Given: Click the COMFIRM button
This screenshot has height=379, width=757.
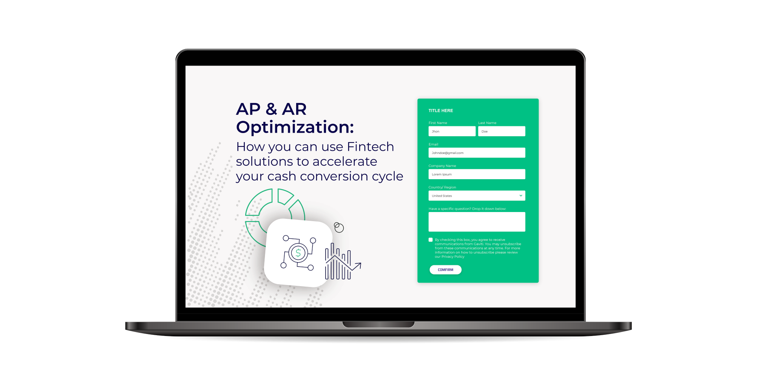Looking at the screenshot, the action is [x=446, y=270].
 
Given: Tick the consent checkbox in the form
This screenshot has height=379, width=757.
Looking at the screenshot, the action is [x=431, y=240].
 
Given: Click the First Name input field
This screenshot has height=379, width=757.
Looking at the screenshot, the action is [x=452, y=131].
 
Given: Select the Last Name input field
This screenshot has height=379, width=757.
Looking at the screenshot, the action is [x=502, y=131].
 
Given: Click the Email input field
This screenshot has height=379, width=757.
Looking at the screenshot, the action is [x=477, y=153].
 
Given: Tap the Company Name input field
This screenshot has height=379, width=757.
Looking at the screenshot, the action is [x=477, y=174].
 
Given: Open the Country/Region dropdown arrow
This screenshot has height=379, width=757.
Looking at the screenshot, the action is [x=521, y=196].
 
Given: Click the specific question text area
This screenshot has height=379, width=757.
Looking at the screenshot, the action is [x=477, y=222].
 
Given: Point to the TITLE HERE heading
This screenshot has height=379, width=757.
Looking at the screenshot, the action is [x=441, y=111].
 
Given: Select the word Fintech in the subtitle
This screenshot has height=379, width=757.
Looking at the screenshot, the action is [x=370, y=146].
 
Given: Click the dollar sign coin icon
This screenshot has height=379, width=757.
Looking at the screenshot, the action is [x=298, y=253].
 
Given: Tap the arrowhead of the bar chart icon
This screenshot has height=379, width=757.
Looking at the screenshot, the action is [x=358, y=266].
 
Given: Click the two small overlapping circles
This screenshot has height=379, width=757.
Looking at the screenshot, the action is [x=339, y=227].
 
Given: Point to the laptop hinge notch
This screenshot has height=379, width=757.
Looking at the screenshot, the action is [x=378, y=325].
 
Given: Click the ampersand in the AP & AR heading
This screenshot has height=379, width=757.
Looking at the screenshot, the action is [x=271, y=109].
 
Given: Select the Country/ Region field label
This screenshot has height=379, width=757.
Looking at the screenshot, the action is [x=442, y=188].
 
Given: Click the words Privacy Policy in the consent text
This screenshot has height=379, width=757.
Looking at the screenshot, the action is [x=453, y=257].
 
